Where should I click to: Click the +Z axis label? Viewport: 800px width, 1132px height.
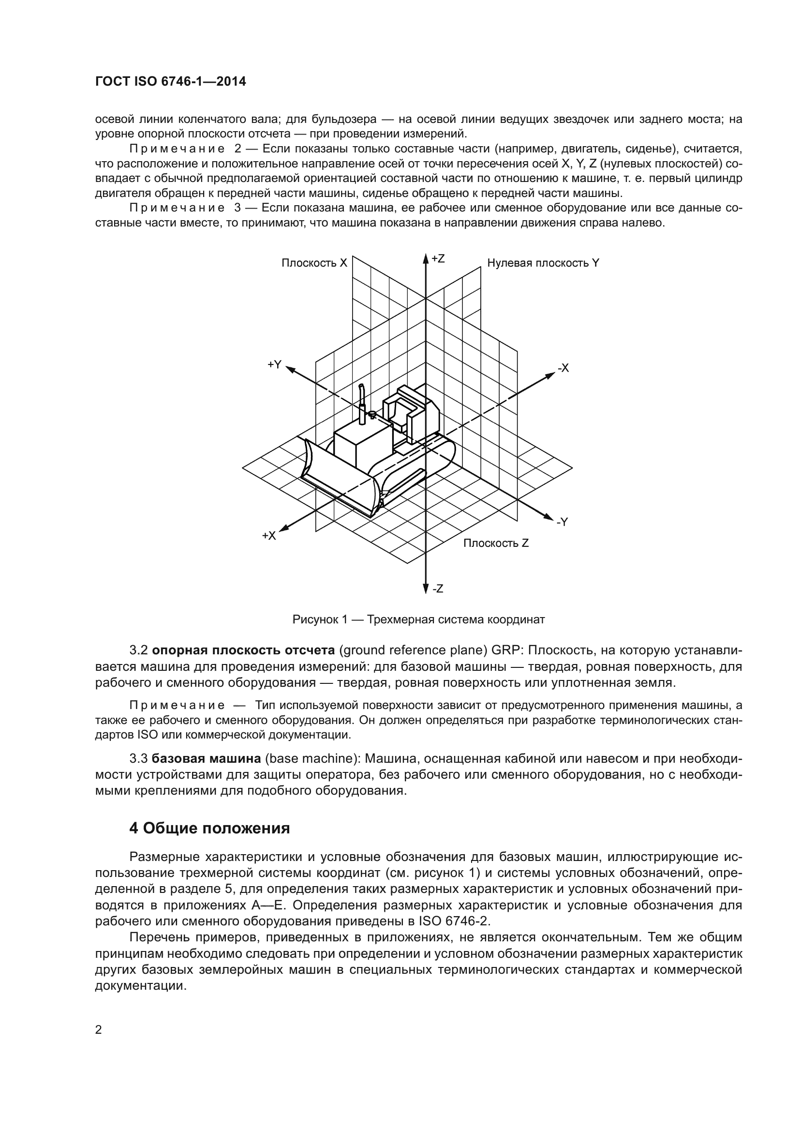[x=438, y=259]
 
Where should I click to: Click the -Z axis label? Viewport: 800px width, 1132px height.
[x=437, y=589]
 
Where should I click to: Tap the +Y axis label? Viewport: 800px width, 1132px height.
[x=274, y=364]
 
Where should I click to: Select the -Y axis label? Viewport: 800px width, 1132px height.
[x=563, y=522]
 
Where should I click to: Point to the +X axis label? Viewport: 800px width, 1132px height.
[x=269, y=536]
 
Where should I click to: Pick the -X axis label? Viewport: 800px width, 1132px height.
[x=563, y=368]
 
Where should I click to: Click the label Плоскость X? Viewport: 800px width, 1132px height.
[x=314, y=263]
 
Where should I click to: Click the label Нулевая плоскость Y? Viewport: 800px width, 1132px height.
[x=543, y=263]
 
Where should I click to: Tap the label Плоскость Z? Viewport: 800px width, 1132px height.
[x=496, y=543]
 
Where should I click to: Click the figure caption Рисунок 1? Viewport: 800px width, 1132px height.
[x=418, y=620]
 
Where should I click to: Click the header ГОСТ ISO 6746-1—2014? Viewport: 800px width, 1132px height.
[x=170, y=82]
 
